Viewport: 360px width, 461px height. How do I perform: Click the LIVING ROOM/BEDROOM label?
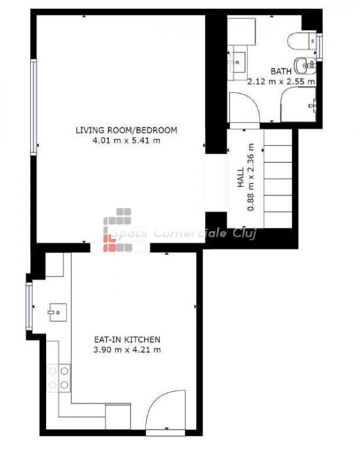coord(126,130)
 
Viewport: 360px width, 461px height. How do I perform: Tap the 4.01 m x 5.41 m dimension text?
coord(126,140)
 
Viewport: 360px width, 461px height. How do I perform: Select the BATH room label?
coord(281,71)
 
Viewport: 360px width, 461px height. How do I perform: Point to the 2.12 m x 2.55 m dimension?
coord(281,81)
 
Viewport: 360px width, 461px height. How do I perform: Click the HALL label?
coord(241,177)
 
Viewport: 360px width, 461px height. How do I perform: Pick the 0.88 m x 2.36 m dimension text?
coord(250,177)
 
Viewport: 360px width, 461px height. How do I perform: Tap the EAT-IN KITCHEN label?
coord(127,339)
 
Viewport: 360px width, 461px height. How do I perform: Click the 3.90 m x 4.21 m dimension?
coord(127,350)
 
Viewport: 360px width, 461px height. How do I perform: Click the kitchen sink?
coord(58,312)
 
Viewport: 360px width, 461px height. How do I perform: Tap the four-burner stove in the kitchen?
coord(58,378)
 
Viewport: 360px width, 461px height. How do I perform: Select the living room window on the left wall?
coord(33,108)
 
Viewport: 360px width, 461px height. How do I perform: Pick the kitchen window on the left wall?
coord(29,306)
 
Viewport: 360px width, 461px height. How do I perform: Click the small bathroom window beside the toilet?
coord(320,47)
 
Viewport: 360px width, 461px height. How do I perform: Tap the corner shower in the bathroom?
coord(299,104)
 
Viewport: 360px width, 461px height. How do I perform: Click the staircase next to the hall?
coord(278,179)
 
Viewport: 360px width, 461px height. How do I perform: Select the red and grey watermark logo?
coord(117,230)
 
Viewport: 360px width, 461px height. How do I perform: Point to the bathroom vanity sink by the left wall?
coord(238,62)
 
